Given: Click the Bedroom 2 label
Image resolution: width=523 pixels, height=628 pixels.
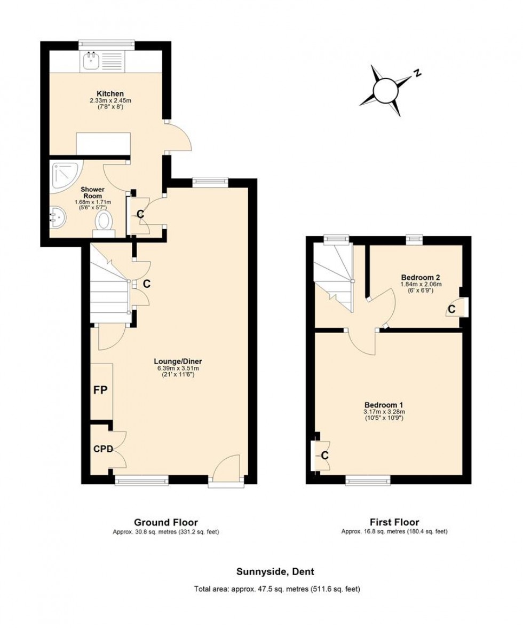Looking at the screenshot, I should tap(421, 277).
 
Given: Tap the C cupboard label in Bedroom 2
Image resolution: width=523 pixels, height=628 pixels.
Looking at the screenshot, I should tap(451, 309).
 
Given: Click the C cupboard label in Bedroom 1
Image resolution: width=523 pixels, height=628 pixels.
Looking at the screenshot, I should tap(324, 455).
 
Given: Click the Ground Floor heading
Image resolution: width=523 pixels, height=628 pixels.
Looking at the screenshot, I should tap(165, 522).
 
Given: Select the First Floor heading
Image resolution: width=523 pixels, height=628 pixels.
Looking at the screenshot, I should tap(394, 522).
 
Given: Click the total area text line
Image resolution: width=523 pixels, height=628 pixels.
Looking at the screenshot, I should tap(276, 589).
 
